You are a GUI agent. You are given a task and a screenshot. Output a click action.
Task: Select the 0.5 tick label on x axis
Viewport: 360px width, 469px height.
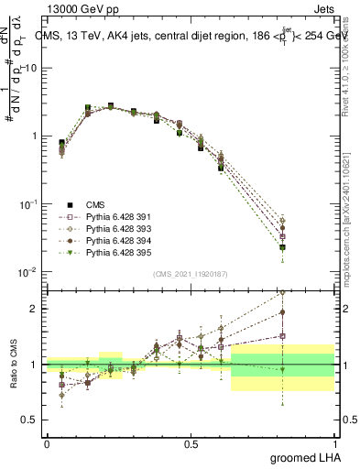tap(191, 442)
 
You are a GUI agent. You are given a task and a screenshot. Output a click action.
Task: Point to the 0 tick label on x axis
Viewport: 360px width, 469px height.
tap(47, 442)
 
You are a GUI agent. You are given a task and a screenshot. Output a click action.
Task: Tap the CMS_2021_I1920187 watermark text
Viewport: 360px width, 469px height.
tap(190, 274)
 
